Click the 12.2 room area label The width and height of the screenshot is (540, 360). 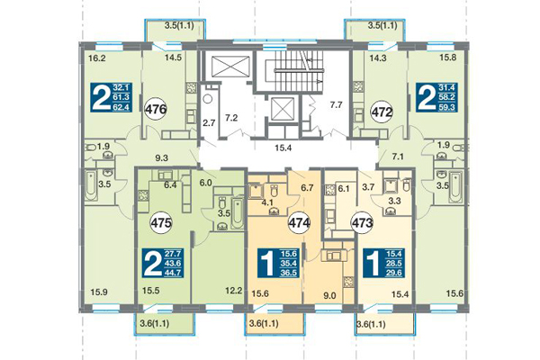click(234, 290)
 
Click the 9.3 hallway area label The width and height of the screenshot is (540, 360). click(163, 158)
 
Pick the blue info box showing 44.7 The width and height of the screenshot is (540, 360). click(162, 264)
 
